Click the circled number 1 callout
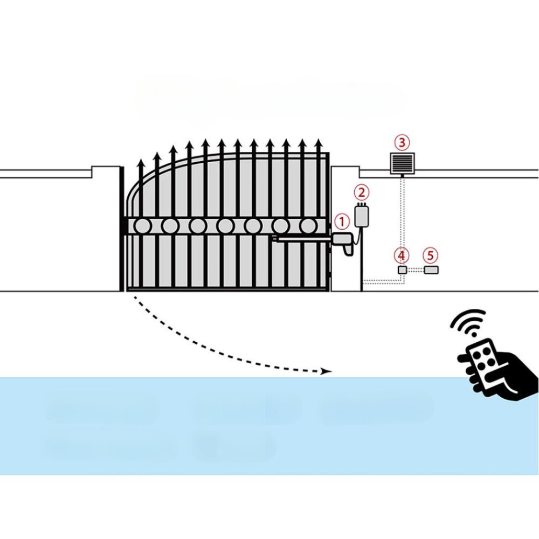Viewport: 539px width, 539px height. (x=342, y=223)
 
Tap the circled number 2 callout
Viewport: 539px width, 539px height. (x=361, y=192)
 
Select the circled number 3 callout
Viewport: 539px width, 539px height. (x=402, y=142)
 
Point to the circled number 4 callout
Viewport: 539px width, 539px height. (x=402, y=255)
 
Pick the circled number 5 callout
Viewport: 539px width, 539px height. (x=430, y=255)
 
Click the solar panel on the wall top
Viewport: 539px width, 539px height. (x=402, y=164)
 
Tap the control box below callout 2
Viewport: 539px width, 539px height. (x=361, y=216)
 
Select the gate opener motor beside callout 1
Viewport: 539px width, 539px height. (x=343, y=244)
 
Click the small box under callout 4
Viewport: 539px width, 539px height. (x=403, y=270)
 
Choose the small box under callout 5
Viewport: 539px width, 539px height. (x=431, y=270)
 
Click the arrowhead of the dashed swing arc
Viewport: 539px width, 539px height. (x=327, y=371)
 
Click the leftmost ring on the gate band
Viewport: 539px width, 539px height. (x=142, y=226)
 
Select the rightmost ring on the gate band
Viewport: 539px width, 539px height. (x=308, y=226)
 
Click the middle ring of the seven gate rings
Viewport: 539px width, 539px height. (x=225, y=226)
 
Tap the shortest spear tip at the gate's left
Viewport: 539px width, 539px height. (x=140, y=163)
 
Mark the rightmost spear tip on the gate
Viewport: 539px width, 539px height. (x=319, y=142)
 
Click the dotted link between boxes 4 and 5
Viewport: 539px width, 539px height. (x=416, y=270)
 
